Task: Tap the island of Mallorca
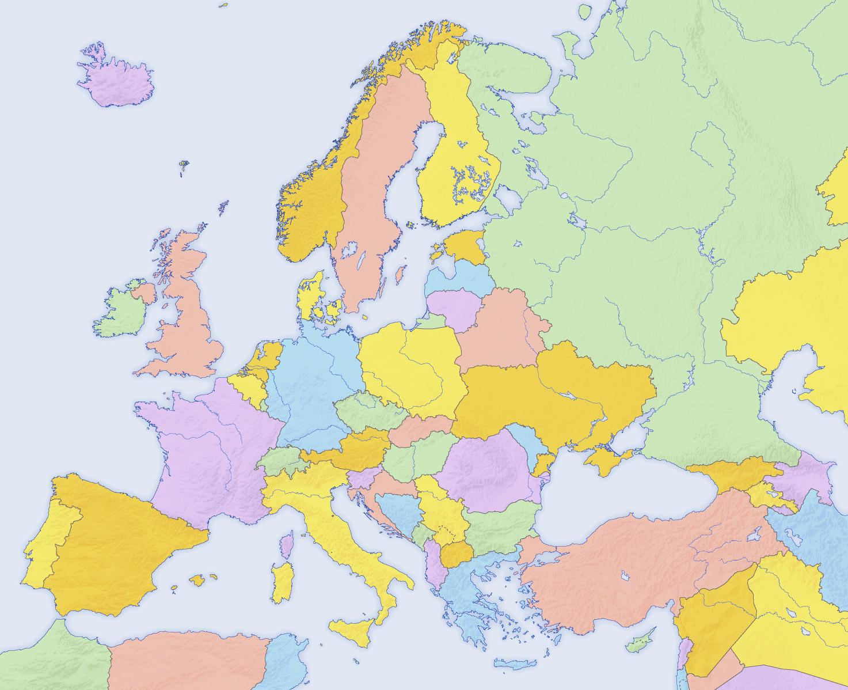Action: [197, 580]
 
